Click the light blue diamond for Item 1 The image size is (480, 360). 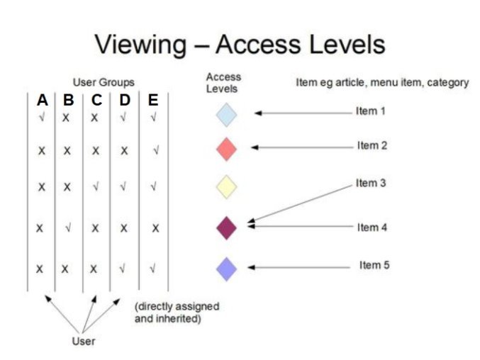(x=226, y=115)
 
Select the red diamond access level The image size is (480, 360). (x=226, y=150)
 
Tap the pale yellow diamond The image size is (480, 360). (x=226, y=187)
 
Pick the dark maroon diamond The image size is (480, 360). (x=226, y=228)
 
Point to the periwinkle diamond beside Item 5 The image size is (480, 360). (x=226, y=269)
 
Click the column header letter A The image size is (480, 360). (x=43, y=101)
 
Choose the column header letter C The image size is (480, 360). (x=96, y=101)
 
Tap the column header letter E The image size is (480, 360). (x=153, y=101)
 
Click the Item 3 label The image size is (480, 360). (x=371, y=183)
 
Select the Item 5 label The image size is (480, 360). (x=374, y=265)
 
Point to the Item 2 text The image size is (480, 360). (x=372, y=145)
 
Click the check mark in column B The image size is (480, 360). (x=68, y=227)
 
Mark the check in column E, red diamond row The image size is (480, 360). (x=156, y=150)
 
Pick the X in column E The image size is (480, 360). (x=155, y=228)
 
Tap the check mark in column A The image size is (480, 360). (x=42, y=117)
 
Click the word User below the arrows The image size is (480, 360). (x=84, y=341)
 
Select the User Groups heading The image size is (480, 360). (x=104, y=83)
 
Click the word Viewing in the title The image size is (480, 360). (x=140, y=45)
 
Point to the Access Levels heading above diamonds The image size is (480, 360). (x=223, y=83)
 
